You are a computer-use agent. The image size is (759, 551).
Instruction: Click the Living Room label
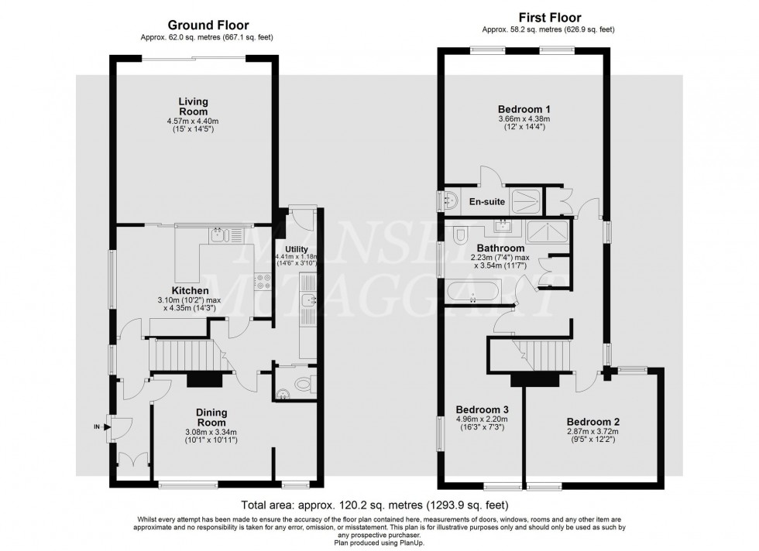pos(194,106)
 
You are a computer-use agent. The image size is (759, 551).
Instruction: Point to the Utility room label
pos(295,250)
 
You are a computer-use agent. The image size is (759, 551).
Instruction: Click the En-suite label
pos(488,202)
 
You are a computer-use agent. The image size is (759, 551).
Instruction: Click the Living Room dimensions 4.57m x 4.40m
pos(194,121)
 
